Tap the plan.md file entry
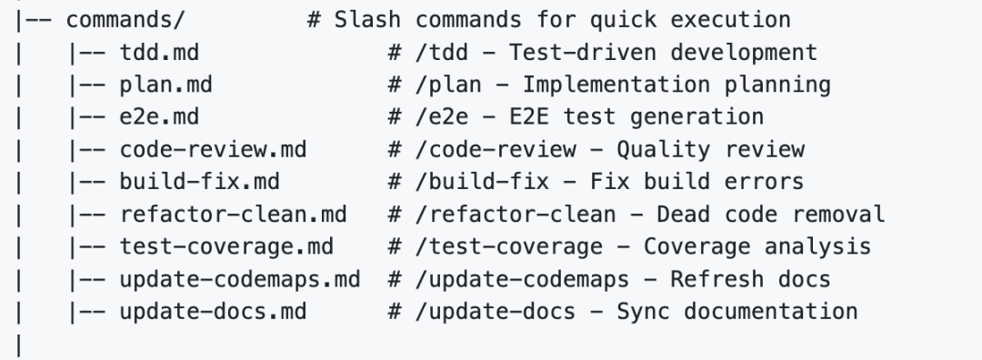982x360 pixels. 160,85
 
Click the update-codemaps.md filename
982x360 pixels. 239,279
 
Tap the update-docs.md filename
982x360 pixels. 213,311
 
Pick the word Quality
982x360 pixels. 652,150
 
